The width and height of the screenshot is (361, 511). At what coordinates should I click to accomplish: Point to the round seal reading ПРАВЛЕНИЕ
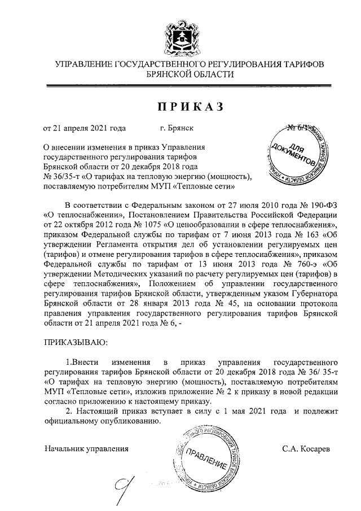coord(206,460)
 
